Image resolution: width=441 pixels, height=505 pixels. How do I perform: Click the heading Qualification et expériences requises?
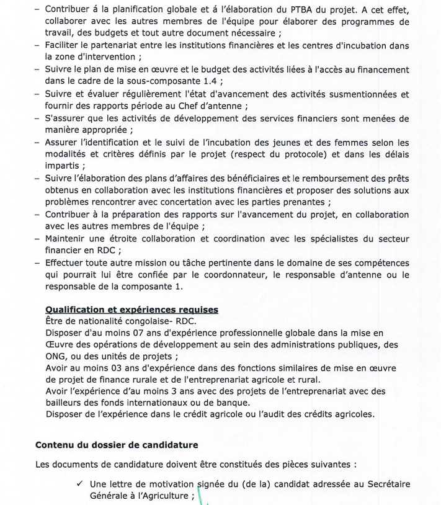click(x=131, y=310)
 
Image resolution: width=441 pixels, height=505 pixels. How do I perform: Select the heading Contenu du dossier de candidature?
click(x=117, y=445)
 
